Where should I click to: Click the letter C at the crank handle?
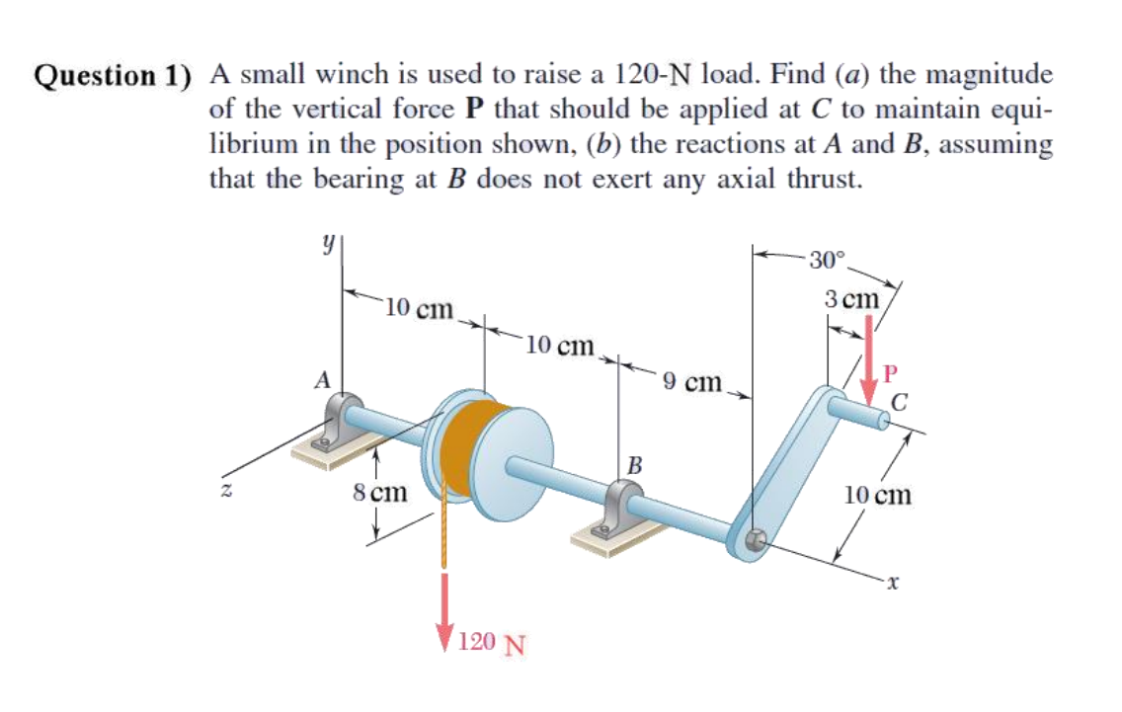click(x=900, y=401)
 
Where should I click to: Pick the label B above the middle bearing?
click(x=635, y=464)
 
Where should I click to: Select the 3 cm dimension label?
click(x=851, y=297)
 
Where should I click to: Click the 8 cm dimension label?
click(x=380, y=490)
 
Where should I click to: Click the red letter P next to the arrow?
click(x=892, y=372)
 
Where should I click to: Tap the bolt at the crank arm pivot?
click(x=756, y=540)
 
